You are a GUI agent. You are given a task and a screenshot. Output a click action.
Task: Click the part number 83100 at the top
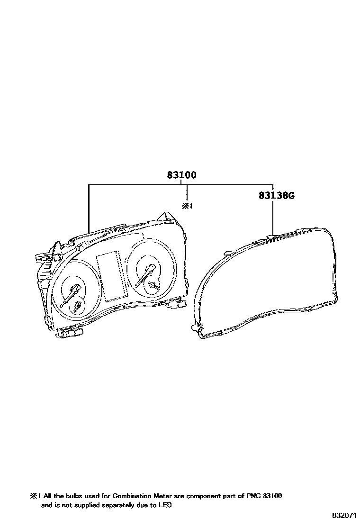(x=182, y=175)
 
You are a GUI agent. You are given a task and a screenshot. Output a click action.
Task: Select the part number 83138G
(x=276, y=195)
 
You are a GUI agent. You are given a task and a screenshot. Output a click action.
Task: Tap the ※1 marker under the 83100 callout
(x=187, y=206)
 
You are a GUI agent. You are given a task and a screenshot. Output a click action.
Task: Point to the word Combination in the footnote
(x=132, y=496)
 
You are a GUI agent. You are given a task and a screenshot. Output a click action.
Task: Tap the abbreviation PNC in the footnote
(x=249, y=496)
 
